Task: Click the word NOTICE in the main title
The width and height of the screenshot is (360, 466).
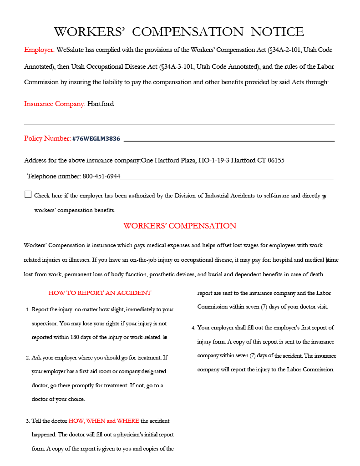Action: (x=277, y=32)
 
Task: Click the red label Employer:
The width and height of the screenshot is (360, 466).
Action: (x=39, y=50)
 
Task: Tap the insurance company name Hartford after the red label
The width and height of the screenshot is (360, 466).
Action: (x=101, y=104)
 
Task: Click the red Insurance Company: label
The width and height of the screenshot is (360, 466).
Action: (x=55, y=104)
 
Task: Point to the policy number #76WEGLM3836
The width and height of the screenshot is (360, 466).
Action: (x=96, y=139)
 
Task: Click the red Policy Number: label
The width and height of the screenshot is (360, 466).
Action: (x=47, y=138)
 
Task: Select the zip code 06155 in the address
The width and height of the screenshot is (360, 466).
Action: (x=276, y=160)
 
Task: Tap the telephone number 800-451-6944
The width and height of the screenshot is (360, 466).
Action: (x=101, y=176)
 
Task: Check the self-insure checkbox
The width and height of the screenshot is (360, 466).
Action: (x=28, y=195)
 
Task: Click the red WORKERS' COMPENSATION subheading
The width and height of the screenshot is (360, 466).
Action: (x=180, y=226)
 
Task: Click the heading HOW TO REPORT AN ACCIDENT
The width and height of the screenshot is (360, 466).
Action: (x=100, y=293)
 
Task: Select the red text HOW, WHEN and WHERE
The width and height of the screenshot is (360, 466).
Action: (x=104, y=421)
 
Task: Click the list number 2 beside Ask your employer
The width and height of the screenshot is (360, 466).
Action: (x=28, y=358)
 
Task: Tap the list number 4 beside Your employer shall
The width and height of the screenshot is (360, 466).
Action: (x=193, y=328)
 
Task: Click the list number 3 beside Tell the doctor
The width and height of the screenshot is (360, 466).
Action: (x=28, y=421)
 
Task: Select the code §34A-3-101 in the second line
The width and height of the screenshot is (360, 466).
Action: (x=177, y=67)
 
